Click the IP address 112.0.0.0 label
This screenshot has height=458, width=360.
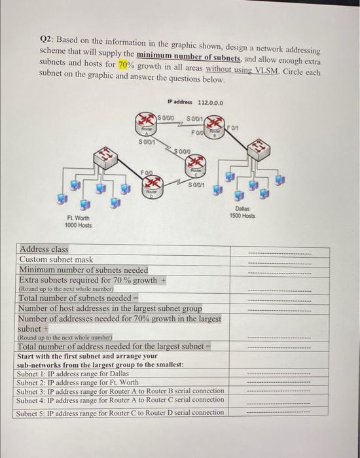point(195,103)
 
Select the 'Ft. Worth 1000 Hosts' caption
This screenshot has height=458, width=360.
point(79,222)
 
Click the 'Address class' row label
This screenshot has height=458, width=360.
point(44,249)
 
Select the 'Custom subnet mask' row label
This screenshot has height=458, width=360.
point(56,260)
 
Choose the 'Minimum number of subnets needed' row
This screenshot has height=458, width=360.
point(83,270)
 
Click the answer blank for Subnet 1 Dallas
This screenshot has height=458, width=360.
point(278,373)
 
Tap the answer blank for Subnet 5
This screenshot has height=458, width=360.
point(278,413)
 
